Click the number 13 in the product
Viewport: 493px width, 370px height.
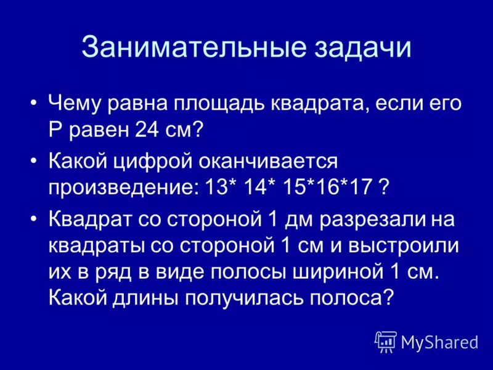[216, 188]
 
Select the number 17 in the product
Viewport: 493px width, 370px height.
[359, 188]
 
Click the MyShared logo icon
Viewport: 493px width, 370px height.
[386, 341]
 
